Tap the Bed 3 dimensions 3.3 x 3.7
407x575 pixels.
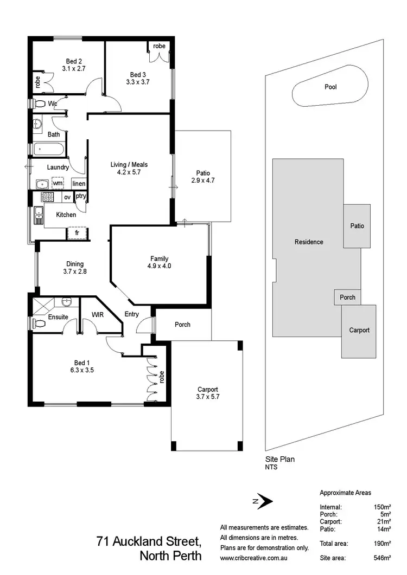[137, 82]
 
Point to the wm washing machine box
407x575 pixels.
[57, 184]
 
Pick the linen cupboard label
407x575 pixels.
[79, 184]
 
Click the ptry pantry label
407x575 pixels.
[81, 196]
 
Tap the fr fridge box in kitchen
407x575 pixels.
[77, 234]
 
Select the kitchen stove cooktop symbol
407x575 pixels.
[47, 197]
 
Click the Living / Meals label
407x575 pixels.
[129, 165]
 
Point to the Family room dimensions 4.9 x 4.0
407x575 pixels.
[159, 266]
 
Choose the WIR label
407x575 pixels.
[97, 314]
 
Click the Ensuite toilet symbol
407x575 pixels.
[39, 324]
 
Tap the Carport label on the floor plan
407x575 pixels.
[207, 389]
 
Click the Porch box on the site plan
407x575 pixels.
[347, 298]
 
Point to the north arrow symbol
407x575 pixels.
[262, 501]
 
